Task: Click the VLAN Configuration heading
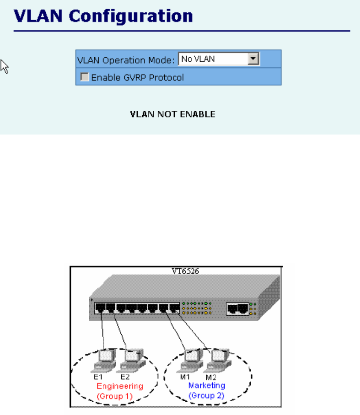[x=104, y=16]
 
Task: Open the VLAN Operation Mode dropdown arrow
[x=253, y=59]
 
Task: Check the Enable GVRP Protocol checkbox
[x=85, y=77]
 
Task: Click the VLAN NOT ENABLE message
[x=172, y=114]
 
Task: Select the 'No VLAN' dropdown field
[x=213, y=59]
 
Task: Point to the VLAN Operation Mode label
[x=126, y=59]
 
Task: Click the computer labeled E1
[x=105, y=358]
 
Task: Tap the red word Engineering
[x=120, y=386]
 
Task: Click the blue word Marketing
[x=207, y=386]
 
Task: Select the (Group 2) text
[x=207, y=395]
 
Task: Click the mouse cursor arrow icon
[x=5, y=67]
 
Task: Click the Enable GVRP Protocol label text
[x=137, y=78]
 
